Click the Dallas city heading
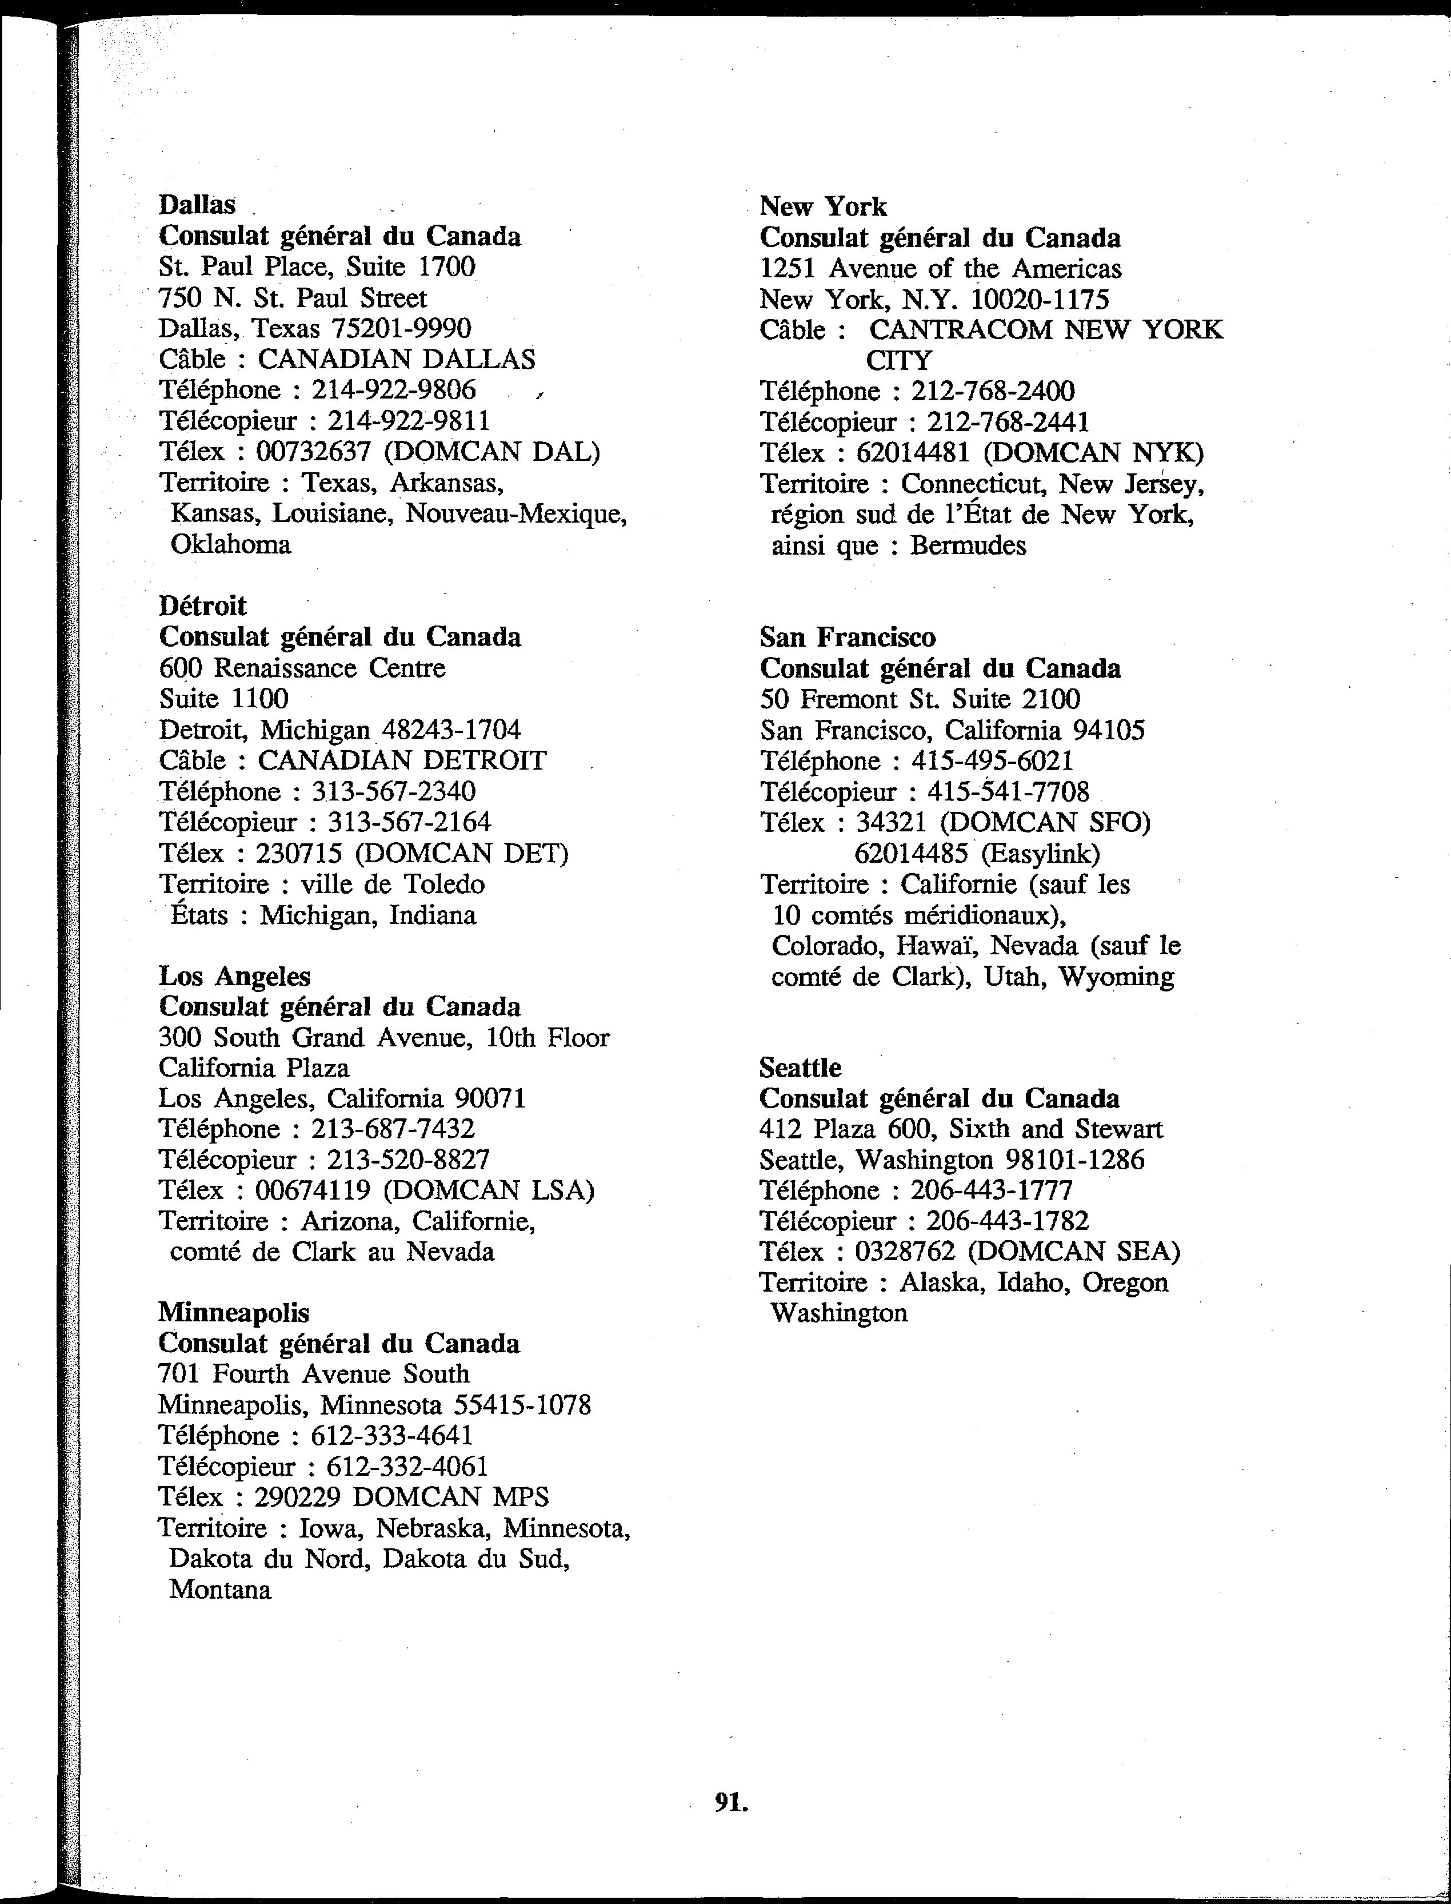[x=197, y=205]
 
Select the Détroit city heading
[x=202, y=606]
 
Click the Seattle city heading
[x=800, y=1067]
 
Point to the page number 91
[x=731, y=1801]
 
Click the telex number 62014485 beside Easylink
[x=910, y=854]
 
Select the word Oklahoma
[x=231, y=544]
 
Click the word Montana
[x=220, y=1590]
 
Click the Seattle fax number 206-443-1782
[x=1007, y=1221]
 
